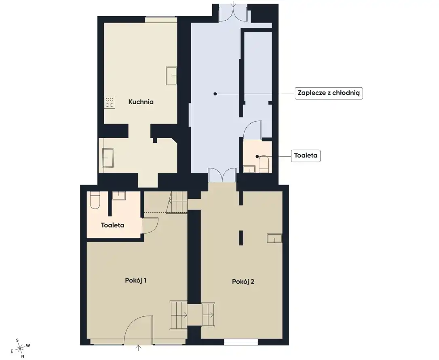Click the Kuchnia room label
click(141, 102)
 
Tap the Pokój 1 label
click(136, 280)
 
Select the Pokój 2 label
click(243, 282)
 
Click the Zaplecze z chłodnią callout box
click(329, 93)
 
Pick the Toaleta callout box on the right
click(306, 156)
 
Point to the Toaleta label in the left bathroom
click(112, 225)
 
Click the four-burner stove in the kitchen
click(110, 103)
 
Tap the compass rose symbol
click(20, 348)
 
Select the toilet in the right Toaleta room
click(264, 164)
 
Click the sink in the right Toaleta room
click(249, 169)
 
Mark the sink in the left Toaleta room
click(119, 196)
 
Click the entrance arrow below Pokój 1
click(139, 348)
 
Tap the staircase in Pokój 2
click(208, 314)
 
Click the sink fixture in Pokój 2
click(274, 238)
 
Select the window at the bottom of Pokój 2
click(241, 342)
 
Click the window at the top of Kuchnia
click(161, 19)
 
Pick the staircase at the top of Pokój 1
click(177, 202)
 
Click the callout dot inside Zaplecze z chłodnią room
click(215, 94)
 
